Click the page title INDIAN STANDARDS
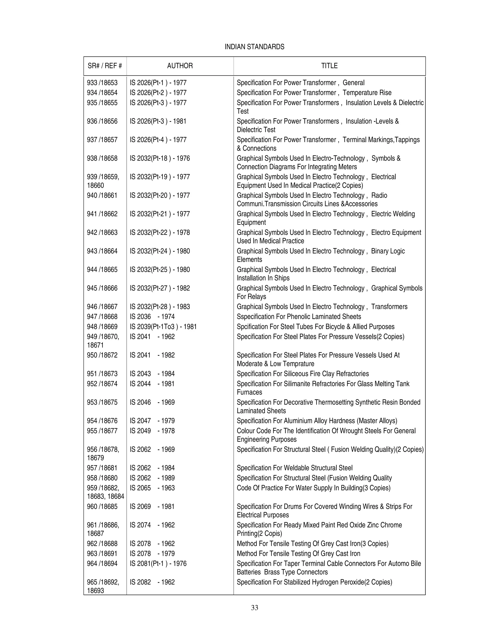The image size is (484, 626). (254, 47)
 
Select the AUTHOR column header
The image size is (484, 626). (180, 66)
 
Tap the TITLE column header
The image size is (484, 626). (329, 66)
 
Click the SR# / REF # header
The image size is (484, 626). (105, 66)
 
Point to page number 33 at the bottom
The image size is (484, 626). (254, 607)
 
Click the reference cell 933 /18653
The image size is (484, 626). (102, 83)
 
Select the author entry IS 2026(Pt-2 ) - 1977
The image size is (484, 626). (158, 93)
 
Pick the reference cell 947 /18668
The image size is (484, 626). (102, 317)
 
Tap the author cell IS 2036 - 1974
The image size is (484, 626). (152, 317)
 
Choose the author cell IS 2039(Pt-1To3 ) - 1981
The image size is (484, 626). (163, 327)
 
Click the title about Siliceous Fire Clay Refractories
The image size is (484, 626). (302, 374)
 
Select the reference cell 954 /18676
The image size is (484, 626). (102, 421)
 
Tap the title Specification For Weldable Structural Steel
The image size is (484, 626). (294, 468)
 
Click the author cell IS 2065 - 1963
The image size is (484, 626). (152, 488)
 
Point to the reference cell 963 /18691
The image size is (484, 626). (102, 553)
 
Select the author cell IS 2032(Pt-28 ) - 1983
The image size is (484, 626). (160, 307)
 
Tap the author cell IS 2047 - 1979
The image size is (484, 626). (152, 421)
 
